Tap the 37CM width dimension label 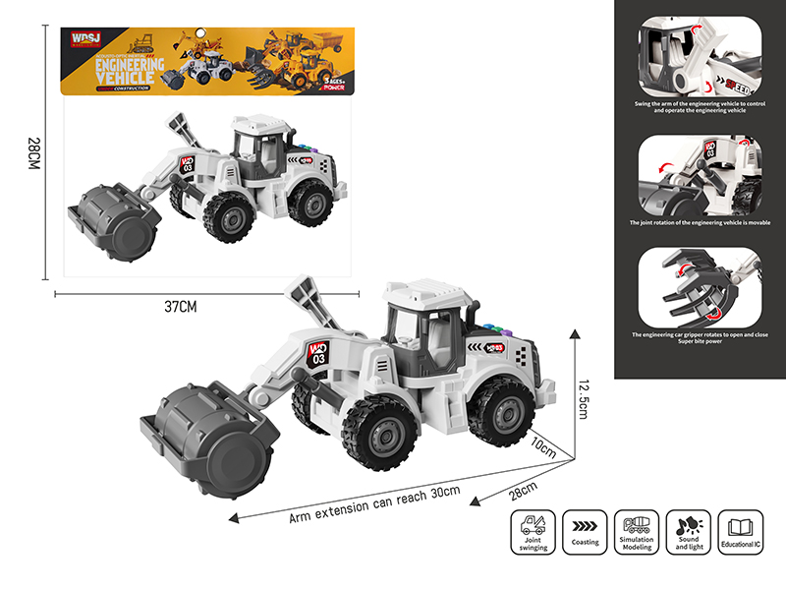click(x=181, y=307)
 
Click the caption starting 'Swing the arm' click(x=700, y=106)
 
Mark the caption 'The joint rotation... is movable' click(x=700, y=223)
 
